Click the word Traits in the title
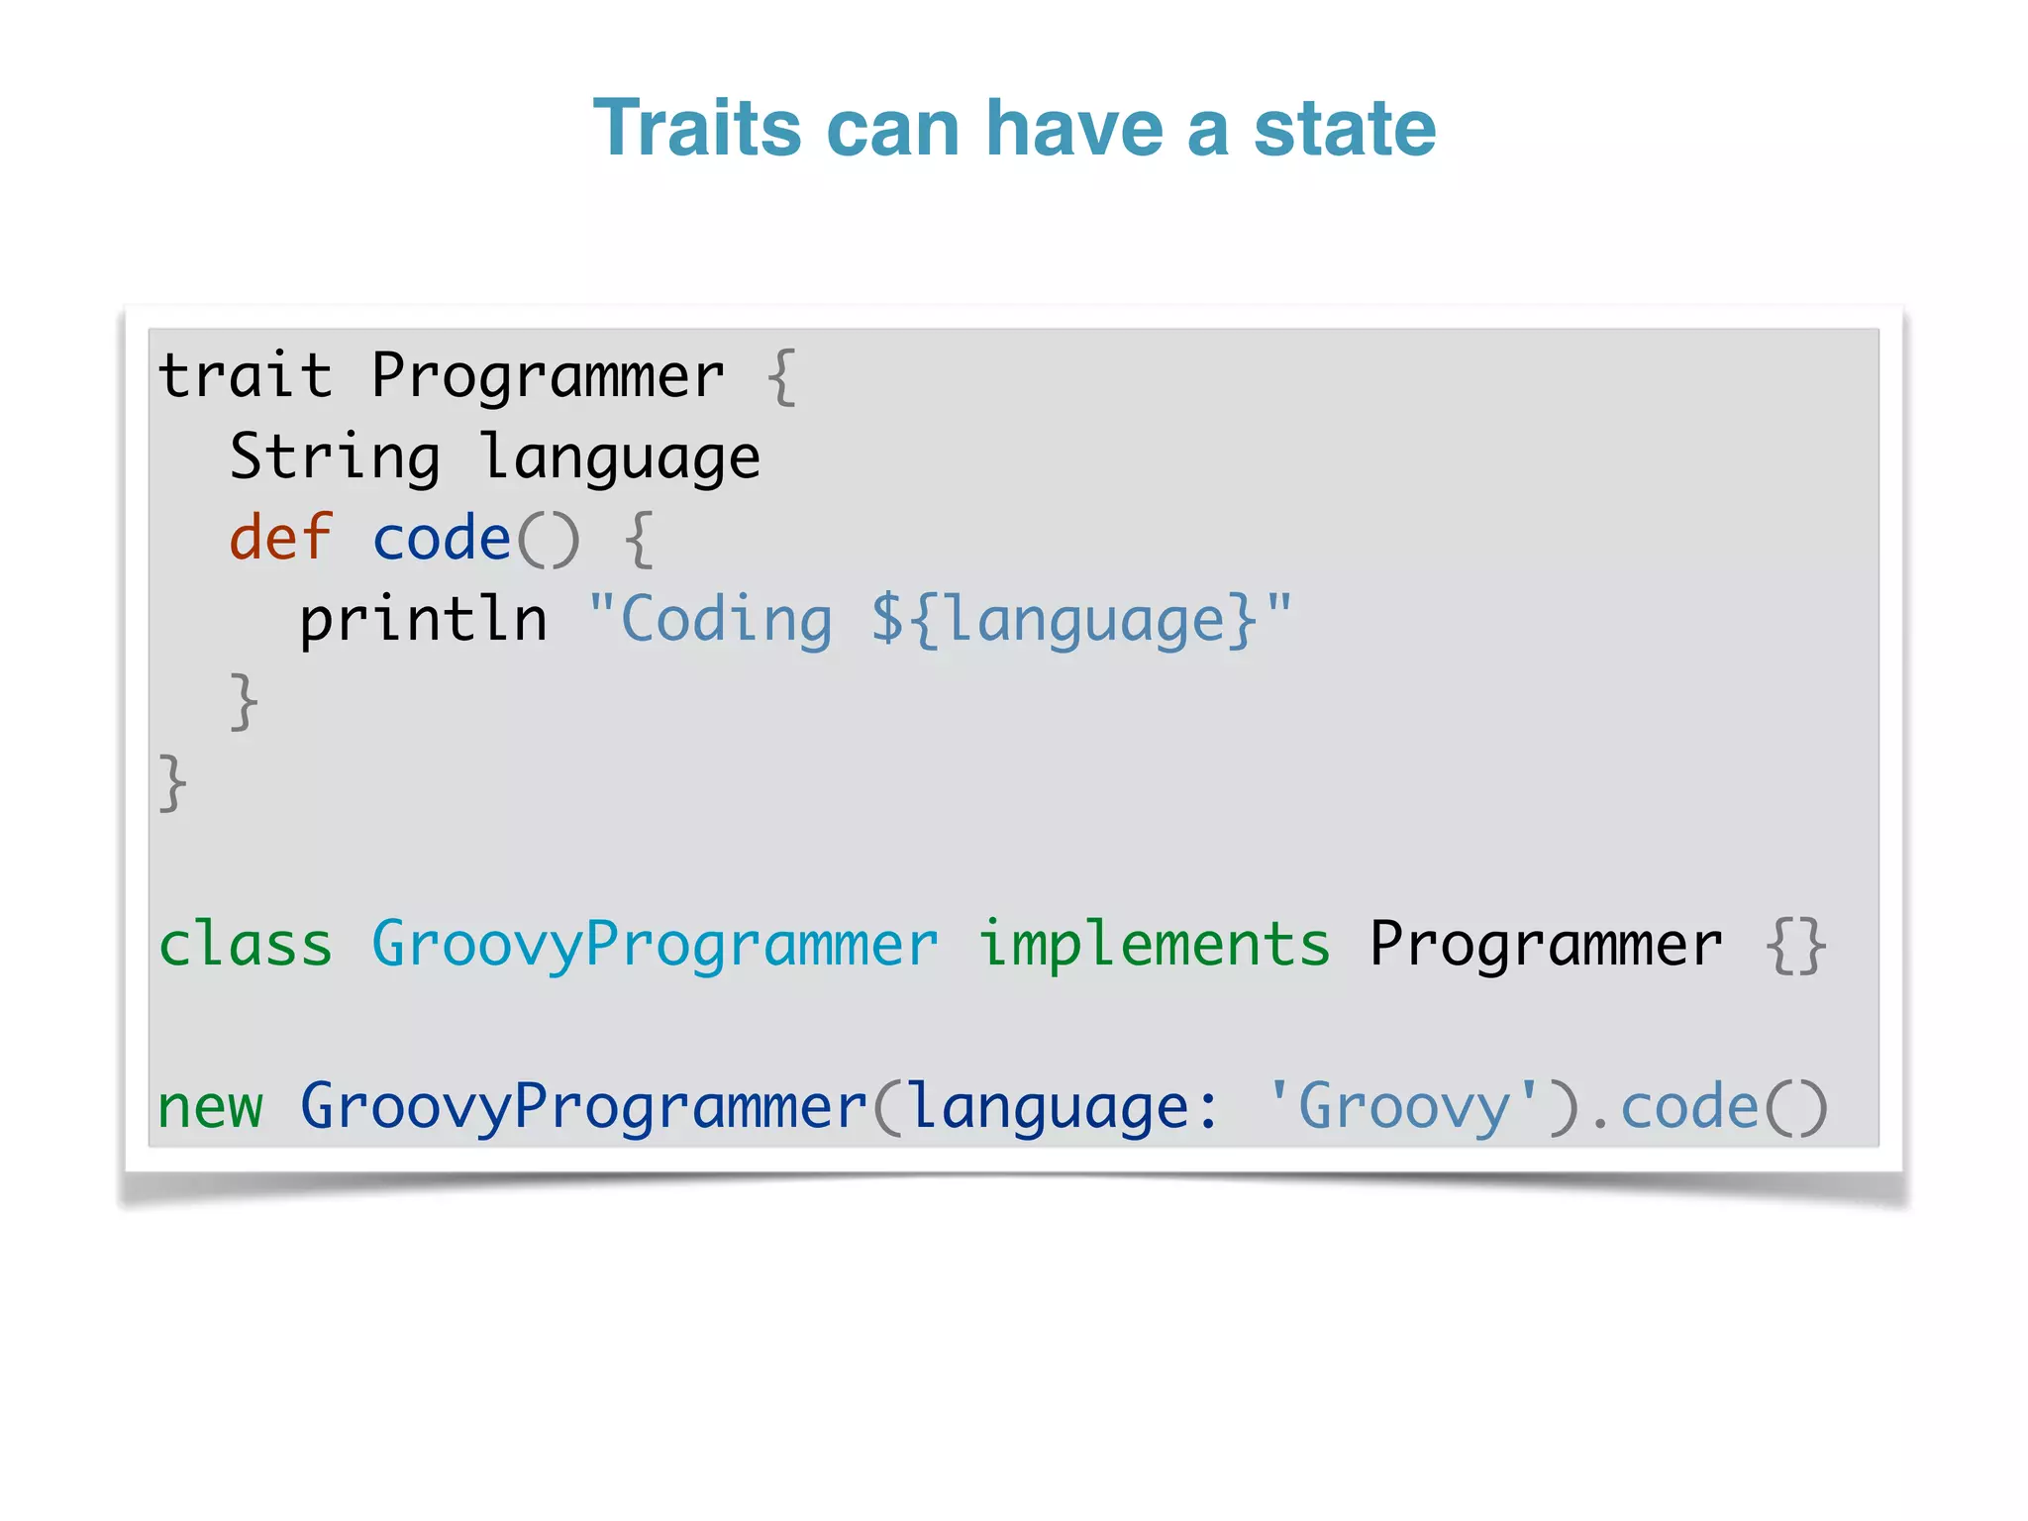tap(697, 129)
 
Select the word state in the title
tap(1344, 129)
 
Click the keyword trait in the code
tap(245, 376)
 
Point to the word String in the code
tap(335, 457)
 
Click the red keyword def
tap(280, 539)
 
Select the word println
tap(423, 620)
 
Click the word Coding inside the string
tap(726, 620)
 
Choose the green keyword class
tap(245, 944)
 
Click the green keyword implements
tap(1154, 946)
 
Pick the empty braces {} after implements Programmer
tap(1795, 946)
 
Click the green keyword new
tap(210, 1107)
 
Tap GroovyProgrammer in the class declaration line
tap(655, 946)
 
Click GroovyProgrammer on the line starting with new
tap(583, 1107)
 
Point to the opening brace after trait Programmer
tap(782, 376)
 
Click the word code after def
tap(441, 539)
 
